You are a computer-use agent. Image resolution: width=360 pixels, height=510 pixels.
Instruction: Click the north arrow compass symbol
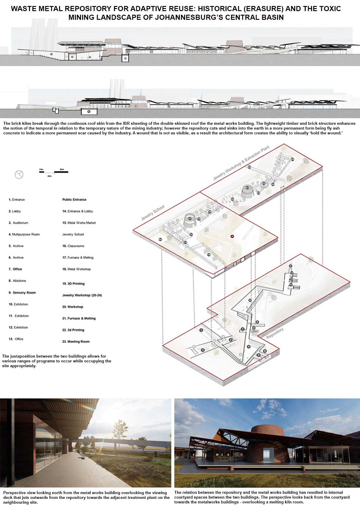tap(19, 174)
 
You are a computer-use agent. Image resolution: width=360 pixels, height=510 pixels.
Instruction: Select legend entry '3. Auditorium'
tap(18, 223)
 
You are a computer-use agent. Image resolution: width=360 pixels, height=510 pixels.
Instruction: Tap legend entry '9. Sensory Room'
tap(22, 293)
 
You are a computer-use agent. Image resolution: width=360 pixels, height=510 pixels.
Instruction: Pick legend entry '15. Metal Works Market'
tap(79, 223)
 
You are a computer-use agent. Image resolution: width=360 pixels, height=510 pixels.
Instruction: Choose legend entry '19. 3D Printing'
tap(73, 284)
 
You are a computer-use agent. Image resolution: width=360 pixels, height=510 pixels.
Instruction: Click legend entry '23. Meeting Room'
tap(76, 342)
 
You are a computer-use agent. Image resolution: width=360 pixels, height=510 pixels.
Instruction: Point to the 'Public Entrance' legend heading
tap(74, 199)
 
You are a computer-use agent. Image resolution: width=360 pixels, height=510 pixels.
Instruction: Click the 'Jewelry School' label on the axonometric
tap(153, 212)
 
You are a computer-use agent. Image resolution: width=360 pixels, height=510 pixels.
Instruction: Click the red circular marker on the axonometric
tap(232, 236)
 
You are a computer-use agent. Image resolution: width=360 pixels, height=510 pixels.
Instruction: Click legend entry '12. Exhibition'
tap(18, 328)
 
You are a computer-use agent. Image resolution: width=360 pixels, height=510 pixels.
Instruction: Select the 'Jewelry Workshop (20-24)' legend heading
tap(82, 295)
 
